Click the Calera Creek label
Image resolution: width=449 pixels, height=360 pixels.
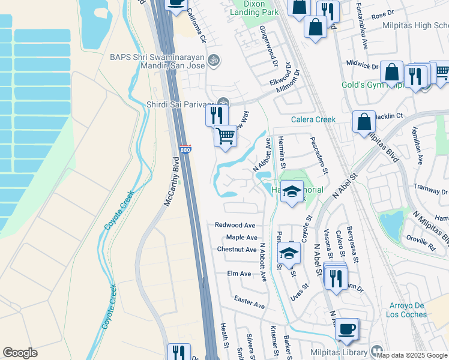313,119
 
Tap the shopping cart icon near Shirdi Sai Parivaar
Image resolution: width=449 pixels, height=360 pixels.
225,136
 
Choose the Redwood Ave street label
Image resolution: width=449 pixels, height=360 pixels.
235,225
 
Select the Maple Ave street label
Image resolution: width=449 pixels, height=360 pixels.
241,238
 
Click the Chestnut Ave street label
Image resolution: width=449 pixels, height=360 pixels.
237,250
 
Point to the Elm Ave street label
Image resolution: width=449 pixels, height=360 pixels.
239,274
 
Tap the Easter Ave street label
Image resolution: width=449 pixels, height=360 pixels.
249,302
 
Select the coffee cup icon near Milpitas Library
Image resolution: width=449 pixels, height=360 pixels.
346,329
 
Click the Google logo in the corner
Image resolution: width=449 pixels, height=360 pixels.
20,353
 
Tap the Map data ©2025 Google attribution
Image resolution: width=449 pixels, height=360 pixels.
412,355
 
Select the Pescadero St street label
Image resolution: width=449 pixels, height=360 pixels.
319,155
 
